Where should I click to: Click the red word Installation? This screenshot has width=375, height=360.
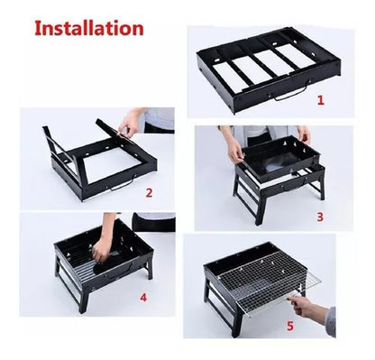coord(89,29)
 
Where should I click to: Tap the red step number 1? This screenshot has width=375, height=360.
coord(321,100)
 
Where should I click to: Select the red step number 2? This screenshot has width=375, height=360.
coord(149,193)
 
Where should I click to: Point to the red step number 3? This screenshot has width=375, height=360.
coord(320,217)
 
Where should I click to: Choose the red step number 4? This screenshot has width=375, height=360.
coord(143,297)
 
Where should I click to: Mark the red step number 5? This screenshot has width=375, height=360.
coord(290,326)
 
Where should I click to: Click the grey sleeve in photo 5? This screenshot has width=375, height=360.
coord(331,321)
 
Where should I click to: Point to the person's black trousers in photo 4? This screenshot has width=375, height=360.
coord(154,223)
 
